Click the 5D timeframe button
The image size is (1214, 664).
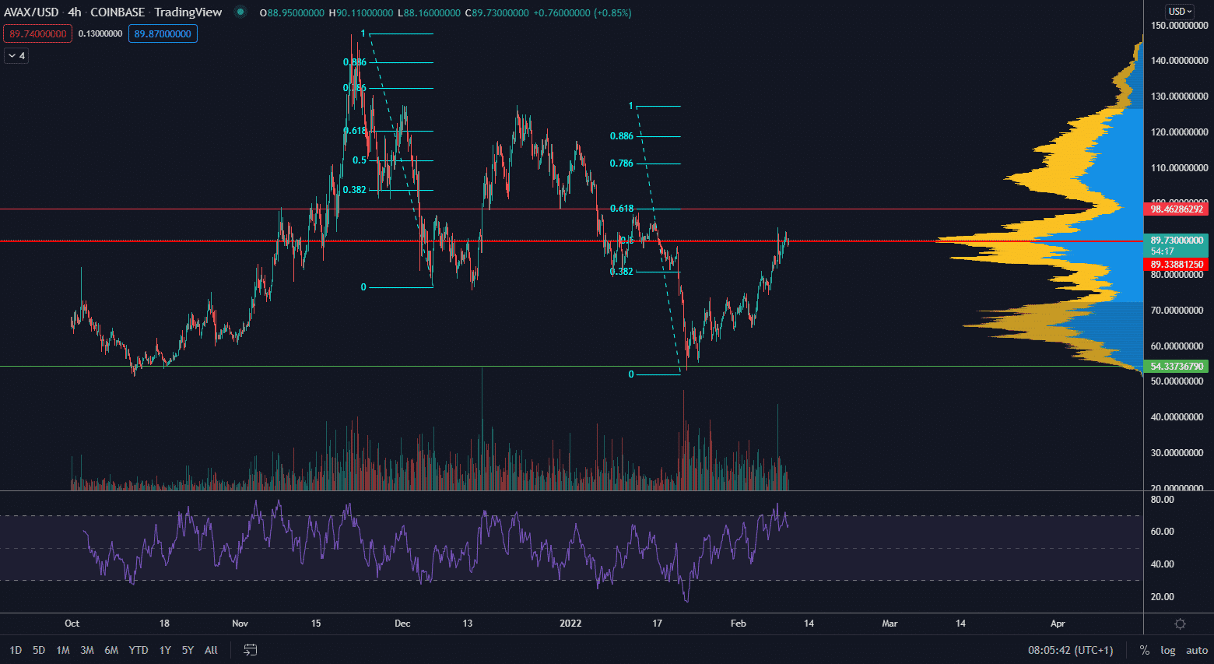pyautogui.click(x=39, y=650)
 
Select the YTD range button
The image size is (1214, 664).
pyautogui.click(x=139, y=650)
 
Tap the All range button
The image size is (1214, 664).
pyautogui.click(x=211, y=650)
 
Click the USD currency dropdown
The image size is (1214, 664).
pyautogui.click(x=1180, y=12)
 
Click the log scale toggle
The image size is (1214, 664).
pyautogui.click(x=1168, y=650)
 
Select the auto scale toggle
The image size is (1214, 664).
pyautogui.click(x=1197, y=650)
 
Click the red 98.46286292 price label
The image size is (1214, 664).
pyautogui.click(x=1177, y=209)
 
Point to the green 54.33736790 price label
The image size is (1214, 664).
pyautogui.click(x=1177, y=367)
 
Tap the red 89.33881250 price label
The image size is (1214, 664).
pyautogui.click(x=1177, y=265)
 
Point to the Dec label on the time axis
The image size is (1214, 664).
pyautogui.click(x=402, y=624)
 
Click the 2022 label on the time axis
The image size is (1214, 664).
pyautogui.click(x=570, y=624)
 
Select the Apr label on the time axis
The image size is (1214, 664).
pyautogui.click(x=1058, y=624)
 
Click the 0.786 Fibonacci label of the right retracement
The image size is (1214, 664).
pyautogui.click(x=622, y=163)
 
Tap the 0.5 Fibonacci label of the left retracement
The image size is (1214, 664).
pyautogui.click(x=360, y=160)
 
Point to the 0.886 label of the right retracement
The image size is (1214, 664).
pyautogui.click(x=622, y=136)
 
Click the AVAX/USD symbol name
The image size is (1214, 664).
pyautogui.click(x=31, y=12)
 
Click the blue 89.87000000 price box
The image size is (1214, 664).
pyautogui.click(x=163, y=34)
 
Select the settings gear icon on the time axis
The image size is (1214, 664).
pyautogui.click(x=1180, y=624)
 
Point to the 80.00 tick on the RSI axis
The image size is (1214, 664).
pyautogui.click(x=1163, y=500)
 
